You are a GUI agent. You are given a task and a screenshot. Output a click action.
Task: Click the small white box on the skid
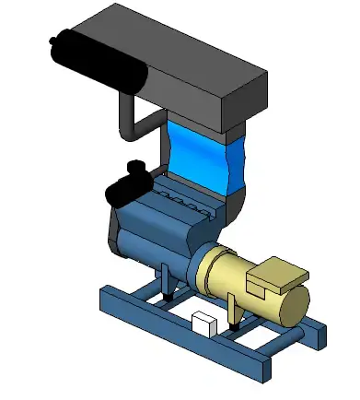[203, 324]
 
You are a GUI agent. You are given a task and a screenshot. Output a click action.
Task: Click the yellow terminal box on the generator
[280, 277]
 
